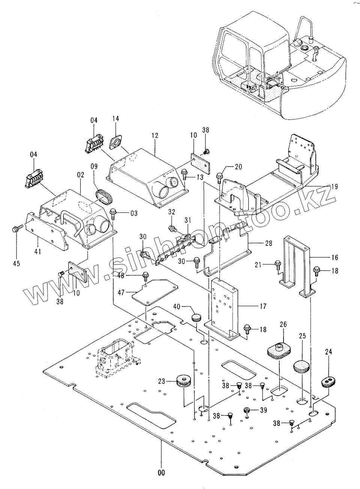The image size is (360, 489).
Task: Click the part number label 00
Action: click(x=161, y=473)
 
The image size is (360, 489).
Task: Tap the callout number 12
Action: click(x=155, y=135)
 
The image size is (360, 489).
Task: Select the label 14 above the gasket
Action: click(x=116, y=118)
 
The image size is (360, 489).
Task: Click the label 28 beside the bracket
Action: click(x=268, y=244)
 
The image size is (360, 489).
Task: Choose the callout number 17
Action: click(x=263, y=306)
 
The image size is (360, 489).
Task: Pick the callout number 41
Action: click(x=37, y=251)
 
